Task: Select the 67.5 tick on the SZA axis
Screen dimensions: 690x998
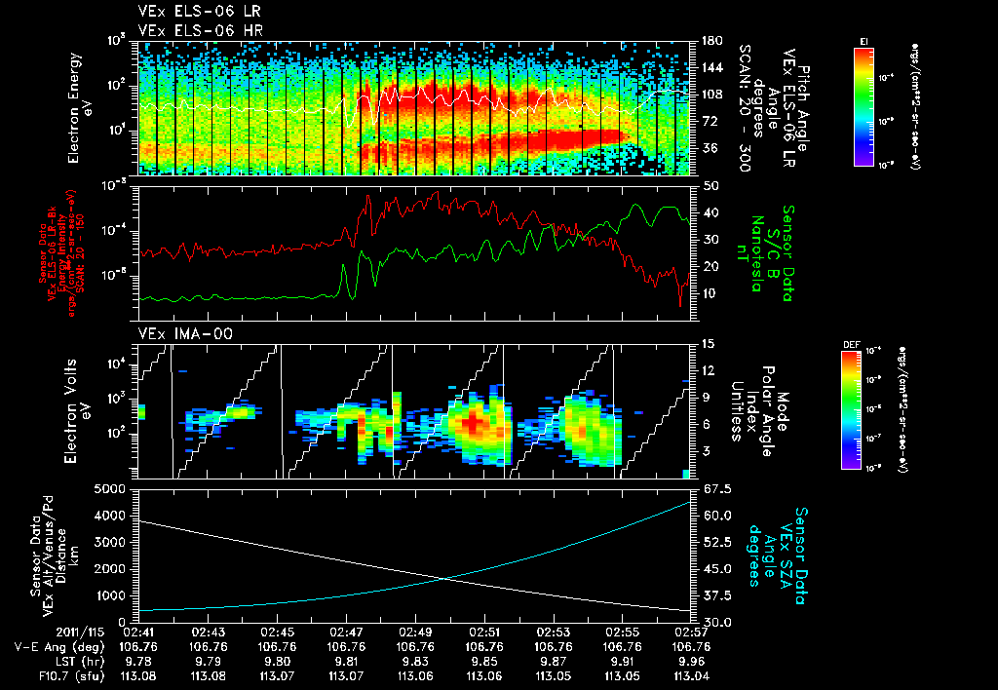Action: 709,489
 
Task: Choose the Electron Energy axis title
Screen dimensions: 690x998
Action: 80,109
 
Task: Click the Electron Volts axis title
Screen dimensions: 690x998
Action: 80,408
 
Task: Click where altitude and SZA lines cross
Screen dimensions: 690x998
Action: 446,579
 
